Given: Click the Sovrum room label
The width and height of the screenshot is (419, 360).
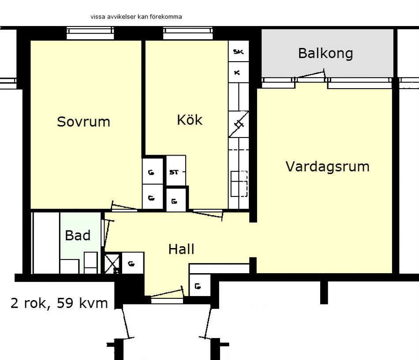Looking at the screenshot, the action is click(x=83, y=122).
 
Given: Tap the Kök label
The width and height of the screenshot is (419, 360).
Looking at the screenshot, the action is click(x=190, y=120).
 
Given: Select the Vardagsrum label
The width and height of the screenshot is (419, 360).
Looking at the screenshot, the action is click(x=327, y=167).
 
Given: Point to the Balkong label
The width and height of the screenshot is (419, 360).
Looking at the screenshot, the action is click(x=325, y=53).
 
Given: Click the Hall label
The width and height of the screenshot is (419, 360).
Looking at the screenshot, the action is click(x=181, y=249).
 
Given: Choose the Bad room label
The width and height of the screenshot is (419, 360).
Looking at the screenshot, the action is click(x=78, y=235).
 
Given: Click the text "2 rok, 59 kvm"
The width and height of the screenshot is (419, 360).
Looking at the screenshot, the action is click(x=59, y=304).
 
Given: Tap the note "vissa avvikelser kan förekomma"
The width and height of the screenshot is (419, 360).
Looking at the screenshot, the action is click(x=136, y=17).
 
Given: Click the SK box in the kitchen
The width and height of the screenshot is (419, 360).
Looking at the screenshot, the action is click(x=238, y=51).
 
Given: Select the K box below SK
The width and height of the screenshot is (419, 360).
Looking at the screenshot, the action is click(x=238, y=72).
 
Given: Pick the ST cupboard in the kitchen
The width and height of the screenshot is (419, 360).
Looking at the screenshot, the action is click(x=176, y=171).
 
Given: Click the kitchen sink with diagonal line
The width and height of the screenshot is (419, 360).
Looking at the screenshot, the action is click(x=239, y=124).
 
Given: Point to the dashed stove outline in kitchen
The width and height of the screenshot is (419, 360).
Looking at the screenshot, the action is click(x=239, y=184).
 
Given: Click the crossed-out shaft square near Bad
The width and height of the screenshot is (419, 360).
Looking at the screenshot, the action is click(x=112, y=263).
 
